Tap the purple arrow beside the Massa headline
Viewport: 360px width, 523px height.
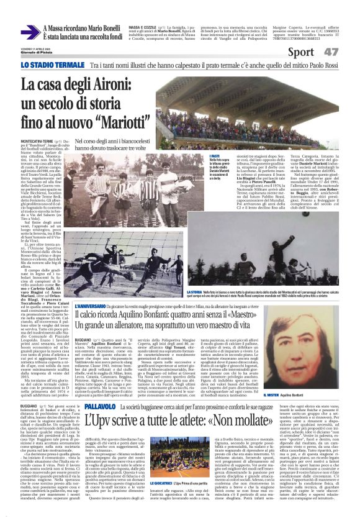click(29, 34)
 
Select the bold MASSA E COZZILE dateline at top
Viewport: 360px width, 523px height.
click(142, 27)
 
